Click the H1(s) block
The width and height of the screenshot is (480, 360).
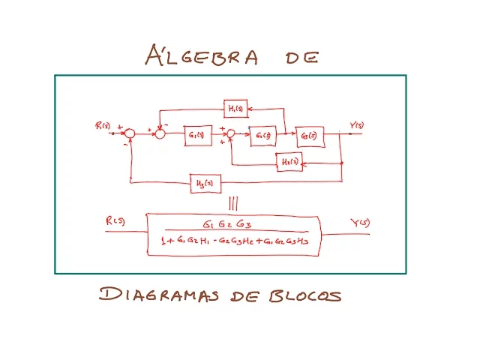click(x=235, y=109)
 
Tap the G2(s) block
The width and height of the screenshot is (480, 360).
click(x=262, y=135)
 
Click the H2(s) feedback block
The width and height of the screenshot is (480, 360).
click(x=289, y=161)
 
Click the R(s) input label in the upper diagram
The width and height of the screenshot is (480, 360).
click(x=103, y=125)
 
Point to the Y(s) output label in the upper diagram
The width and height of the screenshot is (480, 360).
click(x=356, y=124)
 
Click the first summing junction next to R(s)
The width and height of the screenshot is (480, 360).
click(x=130, y=133)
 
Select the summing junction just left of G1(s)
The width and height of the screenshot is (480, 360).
click(x=160, y=133)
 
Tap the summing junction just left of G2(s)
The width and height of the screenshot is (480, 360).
click(x=231, y=134)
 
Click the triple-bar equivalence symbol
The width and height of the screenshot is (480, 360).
click(x=233, y=202)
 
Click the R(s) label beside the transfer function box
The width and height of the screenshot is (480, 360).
click(x=115, y=220)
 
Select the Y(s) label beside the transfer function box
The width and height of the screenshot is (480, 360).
click(x=359, y=222)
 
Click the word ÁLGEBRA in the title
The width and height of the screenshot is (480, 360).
click(x=202, y=55)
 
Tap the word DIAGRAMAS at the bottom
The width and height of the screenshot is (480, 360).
click(x=158, y=294)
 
